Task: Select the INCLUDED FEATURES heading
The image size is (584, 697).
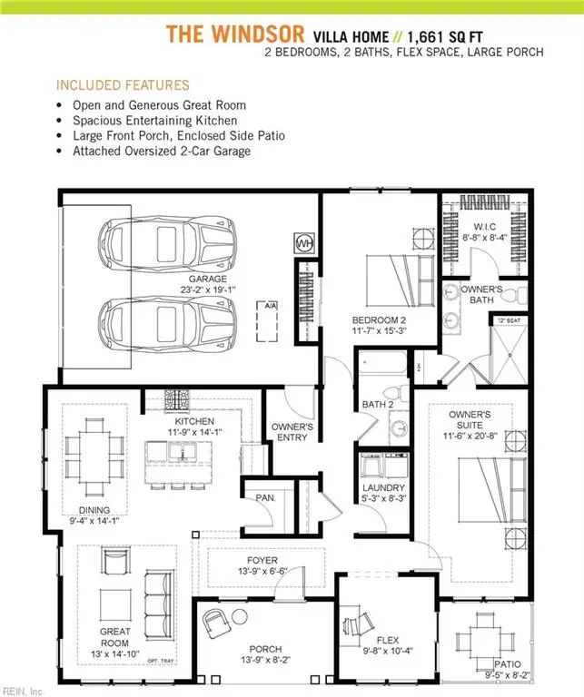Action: (123, 85)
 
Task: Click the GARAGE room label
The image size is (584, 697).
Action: (208, 279)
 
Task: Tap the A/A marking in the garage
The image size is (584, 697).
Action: (269, 306)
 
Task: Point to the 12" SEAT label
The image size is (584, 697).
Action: (508, 320)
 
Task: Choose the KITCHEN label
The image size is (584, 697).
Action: (194, 422)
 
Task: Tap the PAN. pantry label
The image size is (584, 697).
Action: (271, 498)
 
